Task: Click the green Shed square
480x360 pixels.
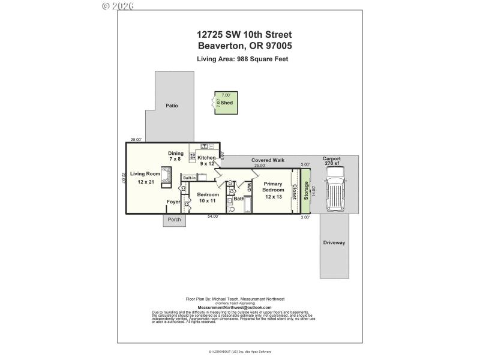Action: (226, 103)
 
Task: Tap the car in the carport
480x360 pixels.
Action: (335, 188)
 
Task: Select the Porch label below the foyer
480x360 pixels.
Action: (174, 220)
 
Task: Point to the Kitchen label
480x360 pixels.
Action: (206, 160)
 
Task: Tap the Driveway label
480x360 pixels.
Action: (334, 243)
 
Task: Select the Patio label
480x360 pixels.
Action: (172, 106)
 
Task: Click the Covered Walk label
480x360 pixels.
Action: (268, 160)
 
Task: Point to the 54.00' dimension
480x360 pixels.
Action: (212, 217)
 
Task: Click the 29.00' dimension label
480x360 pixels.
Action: (136, 140)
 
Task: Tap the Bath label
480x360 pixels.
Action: (238, 199)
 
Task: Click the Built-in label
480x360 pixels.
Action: (190, 178)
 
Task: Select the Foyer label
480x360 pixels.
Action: (173, 202)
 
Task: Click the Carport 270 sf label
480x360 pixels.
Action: (331, 161)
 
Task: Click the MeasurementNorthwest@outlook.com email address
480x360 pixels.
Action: (238, 308)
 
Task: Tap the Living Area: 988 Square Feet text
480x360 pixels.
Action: (242, 59)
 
